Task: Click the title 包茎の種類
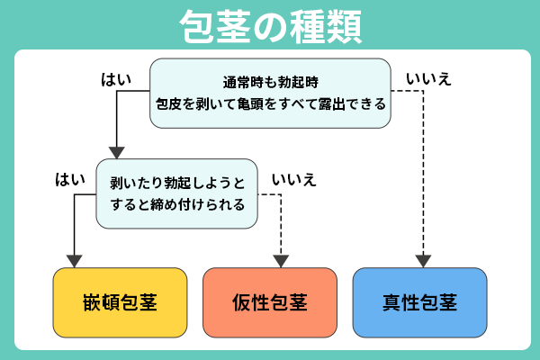point(270,26)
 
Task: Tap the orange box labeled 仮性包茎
point(269,301)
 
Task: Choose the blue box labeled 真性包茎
point(419,301)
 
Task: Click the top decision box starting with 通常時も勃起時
point(270,91)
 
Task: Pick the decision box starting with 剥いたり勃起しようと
point(176,192)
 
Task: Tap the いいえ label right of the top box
point(428,79)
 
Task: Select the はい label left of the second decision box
point(70,179)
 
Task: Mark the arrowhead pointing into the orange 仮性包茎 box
point(282,261)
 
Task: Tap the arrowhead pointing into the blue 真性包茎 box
point(420,261)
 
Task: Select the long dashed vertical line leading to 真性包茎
point(420,171)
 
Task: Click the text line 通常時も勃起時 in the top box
point(270,80)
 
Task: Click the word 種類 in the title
point(328,26)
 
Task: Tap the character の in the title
point(270,27)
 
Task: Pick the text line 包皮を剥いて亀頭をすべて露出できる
point(270,103)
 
